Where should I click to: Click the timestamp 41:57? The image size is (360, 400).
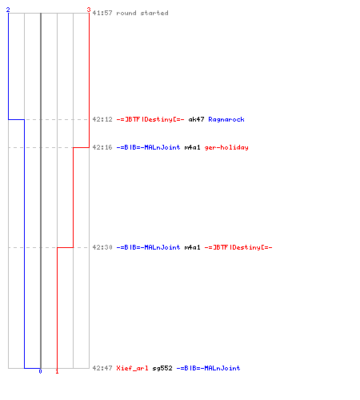coord(102,13)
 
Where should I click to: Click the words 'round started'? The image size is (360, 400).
coord(142,13)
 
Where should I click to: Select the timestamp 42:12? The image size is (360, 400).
coord(102,119)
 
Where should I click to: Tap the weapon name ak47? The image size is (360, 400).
coord(196,119)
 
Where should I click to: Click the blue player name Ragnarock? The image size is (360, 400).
coord(226,119)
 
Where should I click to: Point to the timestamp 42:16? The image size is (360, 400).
coord(102,147)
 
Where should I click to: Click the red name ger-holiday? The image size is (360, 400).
coord(226,147)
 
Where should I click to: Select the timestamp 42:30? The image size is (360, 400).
coord(102,247)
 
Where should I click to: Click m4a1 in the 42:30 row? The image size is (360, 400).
coord(192,247)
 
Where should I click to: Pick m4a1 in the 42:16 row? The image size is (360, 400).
coord(192,147)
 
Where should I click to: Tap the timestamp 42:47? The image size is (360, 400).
coord(102,368)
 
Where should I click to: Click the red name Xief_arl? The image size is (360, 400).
coord(132,368)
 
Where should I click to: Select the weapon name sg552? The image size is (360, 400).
coord(162,368)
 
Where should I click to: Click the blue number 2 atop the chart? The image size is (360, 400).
coord(8,10)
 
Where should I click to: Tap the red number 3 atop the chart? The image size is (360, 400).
coord(89,10)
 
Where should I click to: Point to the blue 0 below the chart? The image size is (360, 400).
coord(40,371)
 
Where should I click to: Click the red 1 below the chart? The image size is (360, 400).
coord(57,371)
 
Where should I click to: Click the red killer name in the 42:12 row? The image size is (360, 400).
coord(150,119)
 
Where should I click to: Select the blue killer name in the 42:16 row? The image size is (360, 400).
coord(148,147)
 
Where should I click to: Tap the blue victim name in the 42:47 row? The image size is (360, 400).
coord(208,368)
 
